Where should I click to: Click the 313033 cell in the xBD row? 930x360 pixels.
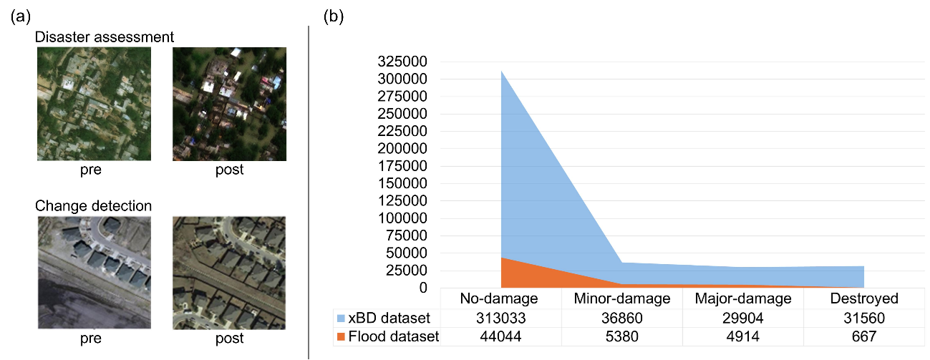tap(500, 318)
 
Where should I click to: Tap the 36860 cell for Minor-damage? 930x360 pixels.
tap(620, 318)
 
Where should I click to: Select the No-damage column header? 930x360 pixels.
tap(500, 298)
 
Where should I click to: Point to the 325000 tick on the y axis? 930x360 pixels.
tap(403, 62)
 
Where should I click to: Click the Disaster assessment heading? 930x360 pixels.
tap(105, 36)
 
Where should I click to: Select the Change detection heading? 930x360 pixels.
tap(94, 206)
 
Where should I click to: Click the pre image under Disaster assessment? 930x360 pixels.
tap(94, 104)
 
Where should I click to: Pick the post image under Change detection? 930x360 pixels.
tap(229, 272)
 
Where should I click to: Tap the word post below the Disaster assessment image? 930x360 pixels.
tap(229, 170)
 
